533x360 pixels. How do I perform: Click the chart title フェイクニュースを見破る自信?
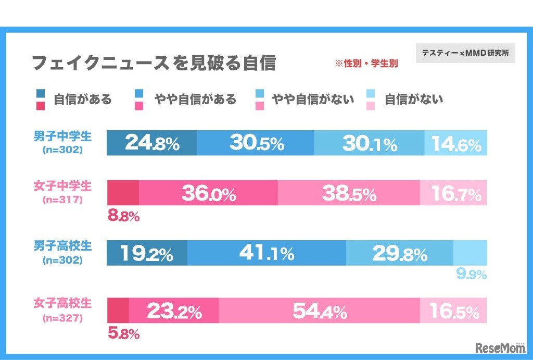pyautogui.click(x=154, y=63)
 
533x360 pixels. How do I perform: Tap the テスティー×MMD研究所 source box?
pyautogui.click(x=465, y=53)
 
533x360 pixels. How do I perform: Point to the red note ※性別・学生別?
pyautogui.click(x=366, y=64)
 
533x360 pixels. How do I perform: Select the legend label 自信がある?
pyautogui.click(x=83, y=99)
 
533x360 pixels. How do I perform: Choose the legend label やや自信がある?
pyautogui.click(x=195, y=99)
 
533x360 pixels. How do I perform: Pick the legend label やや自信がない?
pyautogui.click(x=313, y=99)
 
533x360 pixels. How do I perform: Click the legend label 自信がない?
pyautogui.click(x=414, y=99)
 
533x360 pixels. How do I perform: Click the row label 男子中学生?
pyautogui.click(x=62, y=137)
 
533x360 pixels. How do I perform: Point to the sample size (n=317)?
pyautogui.click(x=62, y=199)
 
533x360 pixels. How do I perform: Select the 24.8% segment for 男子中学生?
pyautogui.click(x=152, y=143)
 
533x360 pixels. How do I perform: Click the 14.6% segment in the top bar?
pyautogui.click(x=456, y=143)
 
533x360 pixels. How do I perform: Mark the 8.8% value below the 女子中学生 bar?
pyautogui.click(x=123, y=216)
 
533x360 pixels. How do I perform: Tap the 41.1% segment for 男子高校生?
pyautogui.click(x=266, y=253)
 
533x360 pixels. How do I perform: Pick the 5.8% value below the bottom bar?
pyautogui.click(x=123, y=334)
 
